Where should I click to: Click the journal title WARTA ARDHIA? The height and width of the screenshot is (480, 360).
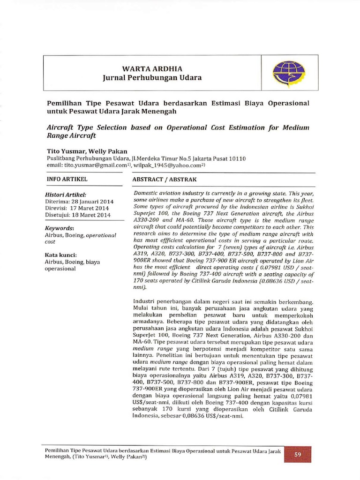[x=152, y=68]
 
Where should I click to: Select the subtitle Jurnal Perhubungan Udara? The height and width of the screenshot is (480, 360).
[x=152, y=78]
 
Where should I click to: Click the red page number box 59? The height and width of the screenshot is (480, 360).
[x=297, y=454]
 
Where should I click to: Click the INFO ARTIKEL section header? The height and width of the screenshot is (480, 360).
[x=67, y=179]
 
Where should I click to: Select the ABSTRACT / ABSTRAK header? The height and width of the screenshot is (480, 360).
[x=165, y=180]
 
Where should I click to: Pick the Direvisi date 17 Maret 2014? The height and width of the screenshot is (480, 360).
[x=90, y=208]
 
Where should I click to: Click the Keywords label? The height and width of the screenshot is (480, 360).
[x=60, y=228]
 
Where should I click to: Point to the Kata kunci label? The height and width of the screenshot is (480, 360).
[x=61, y=255]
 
